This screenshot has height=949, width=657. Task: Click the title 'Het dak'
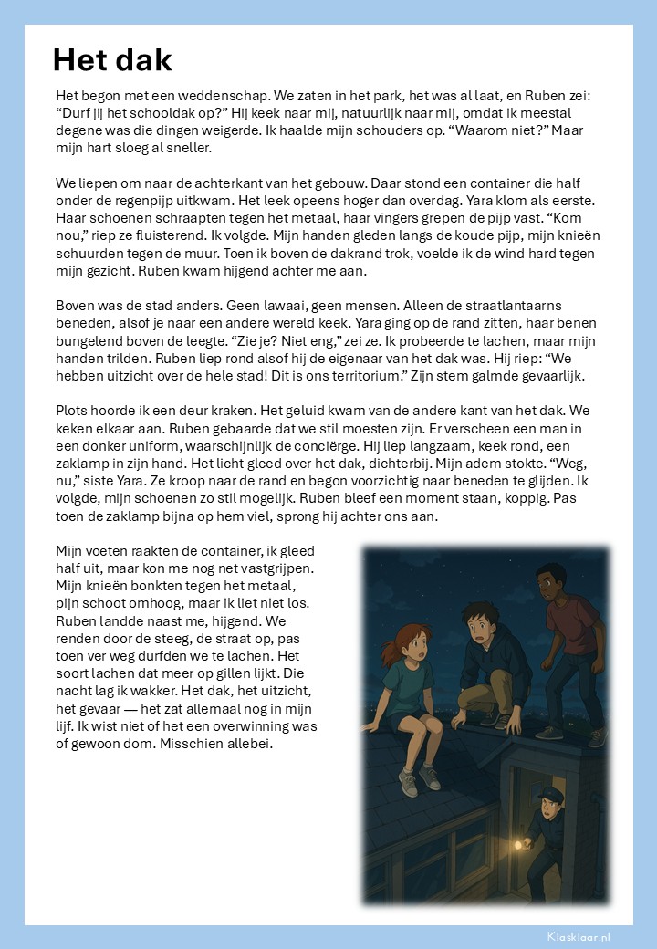pos(112,60)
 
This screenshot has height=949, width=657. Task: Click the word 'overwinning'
pos(265,726)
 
